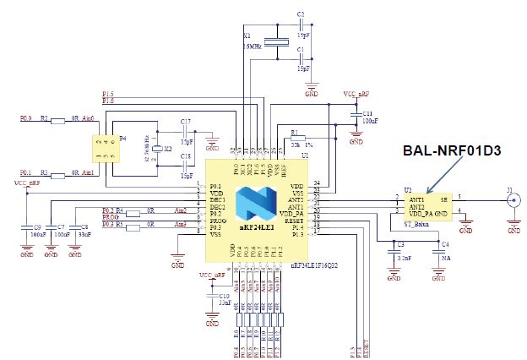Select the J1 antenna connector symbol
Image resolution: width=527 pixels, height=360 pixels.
pyautogui.click(x=512, y=201)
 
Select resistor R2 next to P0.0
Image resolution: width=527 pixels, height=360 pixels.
pyautogui.click(x=57, y=121)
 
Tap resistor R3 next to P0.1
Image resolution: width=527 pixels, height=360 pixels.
pyautogui.click(x=57, y=174)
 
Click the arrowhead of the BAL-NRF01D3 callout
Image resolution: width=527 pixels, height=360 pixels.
pyautogui.click(x=428, y=193)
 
